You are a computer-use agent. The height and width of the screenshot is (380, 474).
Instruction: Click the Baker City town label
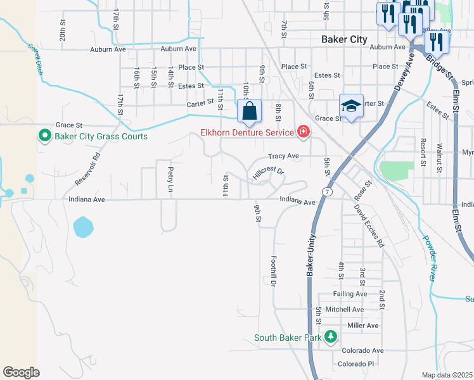[344, 39]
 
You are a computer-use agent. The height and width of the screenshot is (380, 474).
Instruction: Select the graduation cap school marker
[351, 105]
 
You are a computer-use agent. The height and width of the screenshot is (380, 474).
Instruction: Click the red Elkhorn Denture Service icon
[304, 132]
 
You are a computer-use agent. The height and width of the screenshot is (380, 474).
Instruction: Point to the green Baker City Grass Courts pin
[45, 136]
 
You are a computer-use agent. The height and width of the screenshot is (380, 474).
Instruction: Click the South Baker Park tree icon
[330, 337]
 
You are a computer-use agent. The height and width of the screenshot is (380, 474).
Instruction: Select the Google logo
[21, 372]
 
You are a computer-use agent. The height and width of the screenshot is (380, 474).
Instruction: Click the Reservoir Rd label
[87, 168]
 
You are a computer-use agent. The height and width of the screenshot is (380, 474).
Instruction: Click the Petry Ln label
[170, 179]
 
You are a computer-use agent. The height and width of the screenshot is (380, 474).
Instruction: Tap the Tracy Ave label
[283, 156]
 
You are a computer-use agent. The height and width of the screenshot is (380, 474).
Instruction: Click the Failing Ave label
[350, 294]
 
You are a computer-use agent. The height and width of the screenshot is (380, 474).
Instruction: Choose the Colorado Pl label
[356, 364]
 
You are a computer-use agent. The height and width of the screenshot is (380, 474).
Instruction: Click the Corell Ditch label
[35, 59]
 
